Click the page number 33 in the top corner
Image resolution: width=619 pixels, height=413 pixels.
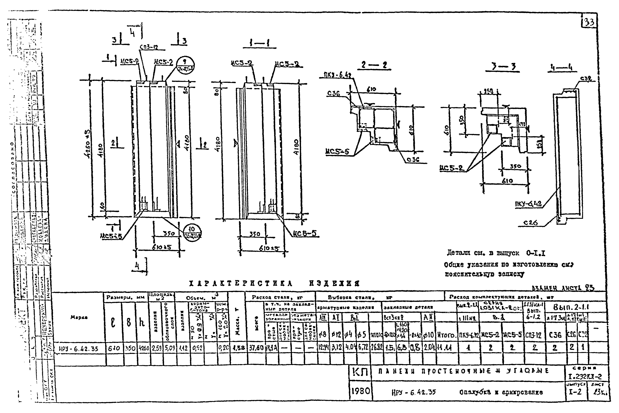coord(589,22)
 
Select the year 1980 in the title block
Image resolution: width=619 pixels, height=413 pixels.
coord(360,391)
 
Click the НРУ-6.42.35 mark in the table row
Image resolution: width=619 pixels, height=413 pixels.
coord(79,349)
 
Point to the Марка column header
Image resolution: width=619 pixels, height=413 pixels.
coord(79,317)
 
